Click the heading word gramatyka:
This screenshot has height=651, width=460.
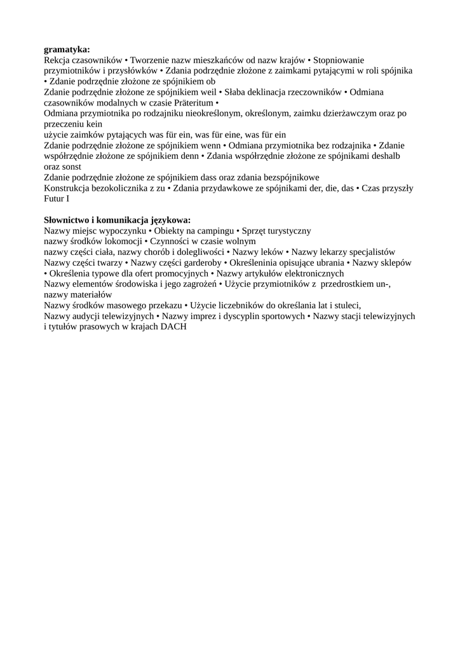tap(67, 49)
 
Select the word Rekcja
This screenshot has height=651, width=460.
tap(57, 60)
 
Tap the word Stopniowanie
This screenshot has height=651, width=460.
tap(335, 60)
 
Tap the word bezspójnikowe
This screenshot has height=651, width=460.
tap(289, 178)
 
